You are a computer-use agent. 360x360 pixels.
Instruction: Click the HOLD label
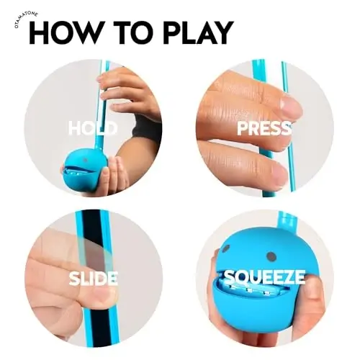coord(92,129)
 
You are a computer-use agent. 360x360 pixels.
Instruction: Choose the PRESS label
coord(264,129)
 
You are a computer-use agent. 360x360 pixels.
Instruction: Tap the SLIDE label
coord(94,278)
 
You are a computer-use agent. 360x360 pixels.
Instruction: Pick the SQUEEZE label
coord(264,277)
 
